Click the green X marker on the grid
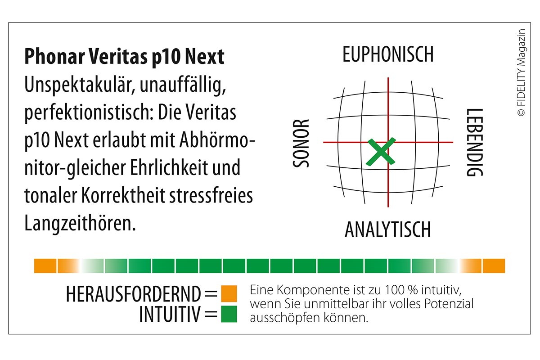381,151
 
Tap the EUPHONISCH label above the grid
388,54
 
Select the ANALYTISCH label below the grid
387,229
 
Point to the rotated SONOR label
302,143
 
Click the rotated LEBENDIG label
474,143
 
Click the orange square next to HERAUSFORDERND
229,293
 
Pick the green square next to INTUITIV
229,314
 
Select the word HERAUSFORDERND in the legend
133,294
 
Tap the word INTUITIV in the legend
169,315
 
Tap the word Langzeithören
80,224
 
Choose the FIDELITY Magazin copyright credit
522,72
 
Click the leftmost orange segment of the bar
45,266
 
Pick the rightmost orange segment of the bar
494,266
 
